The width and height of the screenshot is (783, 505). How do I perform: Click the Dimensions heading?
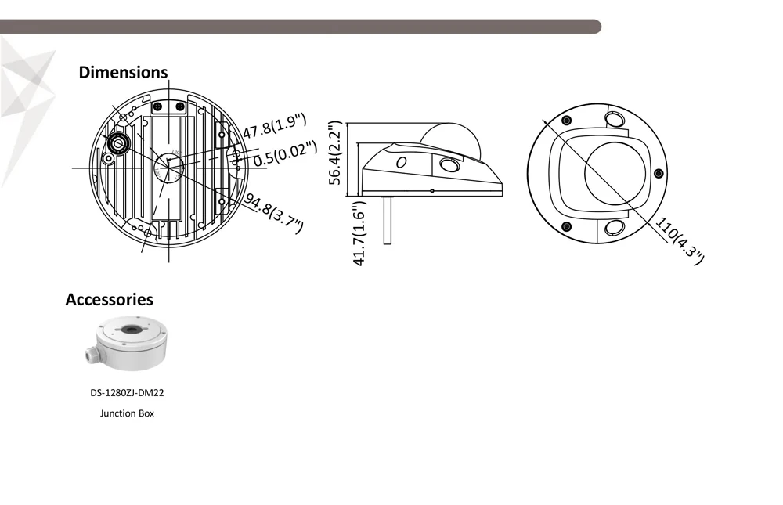coord(123,73)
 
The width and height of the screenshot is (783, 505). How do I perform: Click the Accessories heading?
coord(110,300)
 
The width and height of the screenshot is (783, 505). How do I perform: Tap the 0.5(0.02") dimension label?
coord(285,153)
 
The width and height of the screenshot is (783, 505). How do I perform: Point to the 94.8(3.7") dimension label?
coord(274,214)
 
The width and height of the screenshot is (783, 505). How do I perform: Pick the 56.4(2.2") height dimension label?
coord(335,153)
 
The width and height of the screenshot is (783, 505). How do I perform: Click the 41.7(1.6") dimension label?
coord(359,233)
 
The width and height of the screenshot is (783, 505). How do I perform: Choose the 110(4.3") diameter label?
coord(680,241)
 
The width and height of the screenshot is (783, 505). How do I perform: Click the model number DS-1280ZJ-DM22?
coord(127,393)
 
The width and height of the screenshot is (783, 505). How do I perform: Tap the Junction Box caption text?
coord(127,413)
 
